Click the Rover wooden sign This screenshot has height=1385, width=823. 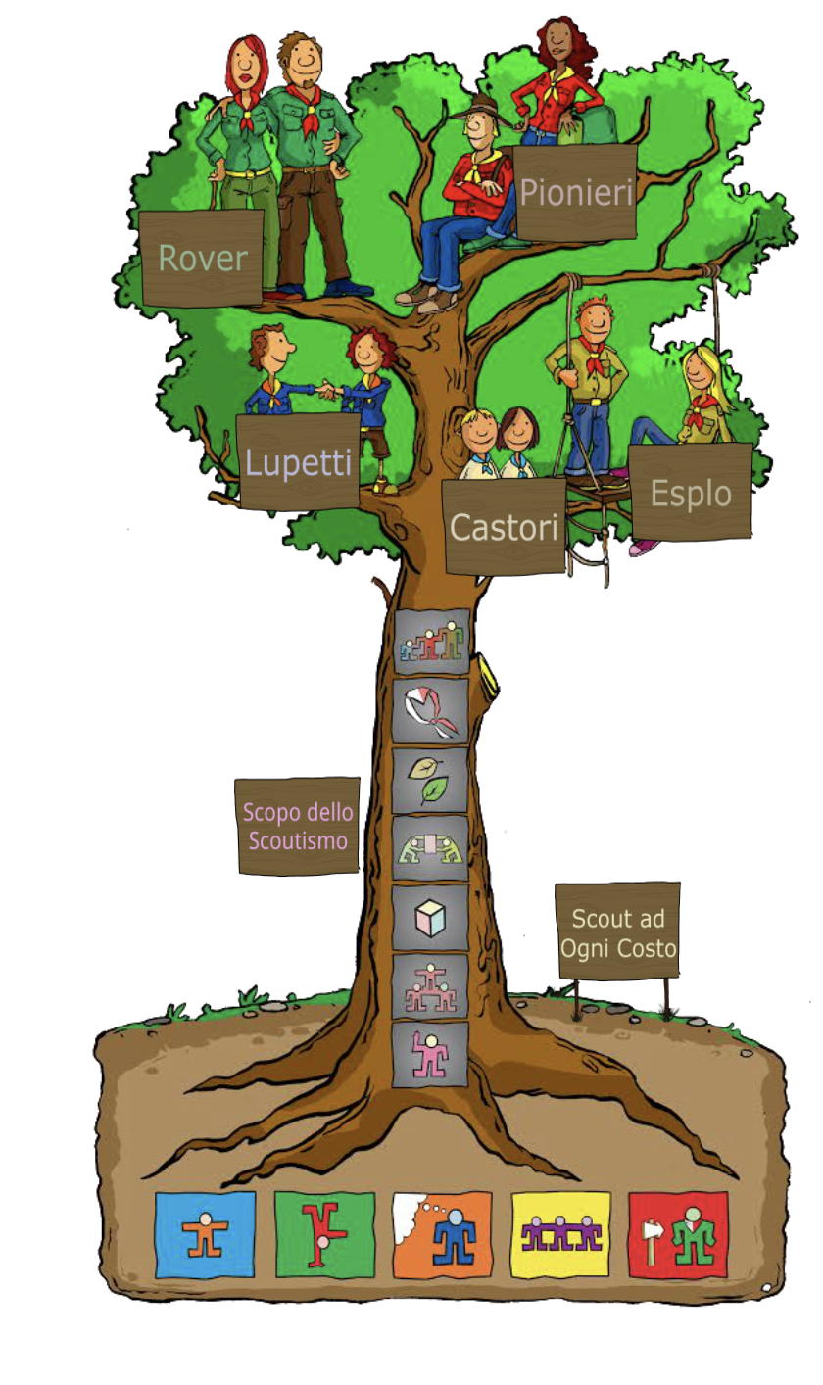[x=203, y=258]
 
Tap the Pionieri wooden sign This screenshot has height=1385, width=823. [x=575, y=192]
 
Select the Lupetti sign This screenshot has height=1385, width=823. [x=298, y=460]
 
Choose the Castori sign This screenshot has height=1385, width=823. [x=504, y=527]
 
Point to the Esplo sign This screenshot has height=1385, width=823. [x=691, y=492]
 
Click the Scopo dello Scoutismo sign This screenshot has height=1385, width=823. [x=298, y=826]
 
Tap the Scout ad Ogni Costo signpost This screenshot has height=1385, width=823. [x=617, y=931]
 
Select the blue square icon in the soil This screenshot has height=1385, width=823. [x=205, y=1234]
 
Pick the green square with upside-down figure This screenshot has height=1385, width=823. [x=324, y=1234]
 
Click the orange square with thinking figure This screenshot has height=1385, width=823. [x=442, y=1234]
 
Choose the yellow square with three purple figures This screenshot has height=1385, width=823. [x=560, y=1234]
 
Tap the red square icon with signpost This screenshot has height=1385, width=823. [x=678, y=1234]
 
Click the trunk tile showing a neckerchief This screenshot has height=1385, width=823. [x=431, y=711]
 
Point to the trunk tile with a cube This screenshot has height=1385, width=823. [x=431, y=919]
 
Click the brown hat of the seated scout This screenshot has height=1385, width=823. [x=479, y=108]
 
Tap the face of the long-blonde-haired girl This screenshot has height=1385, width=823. [x=699, y=370]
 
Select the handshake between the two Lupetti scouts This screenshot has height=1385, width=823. [x=327, y=392]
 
